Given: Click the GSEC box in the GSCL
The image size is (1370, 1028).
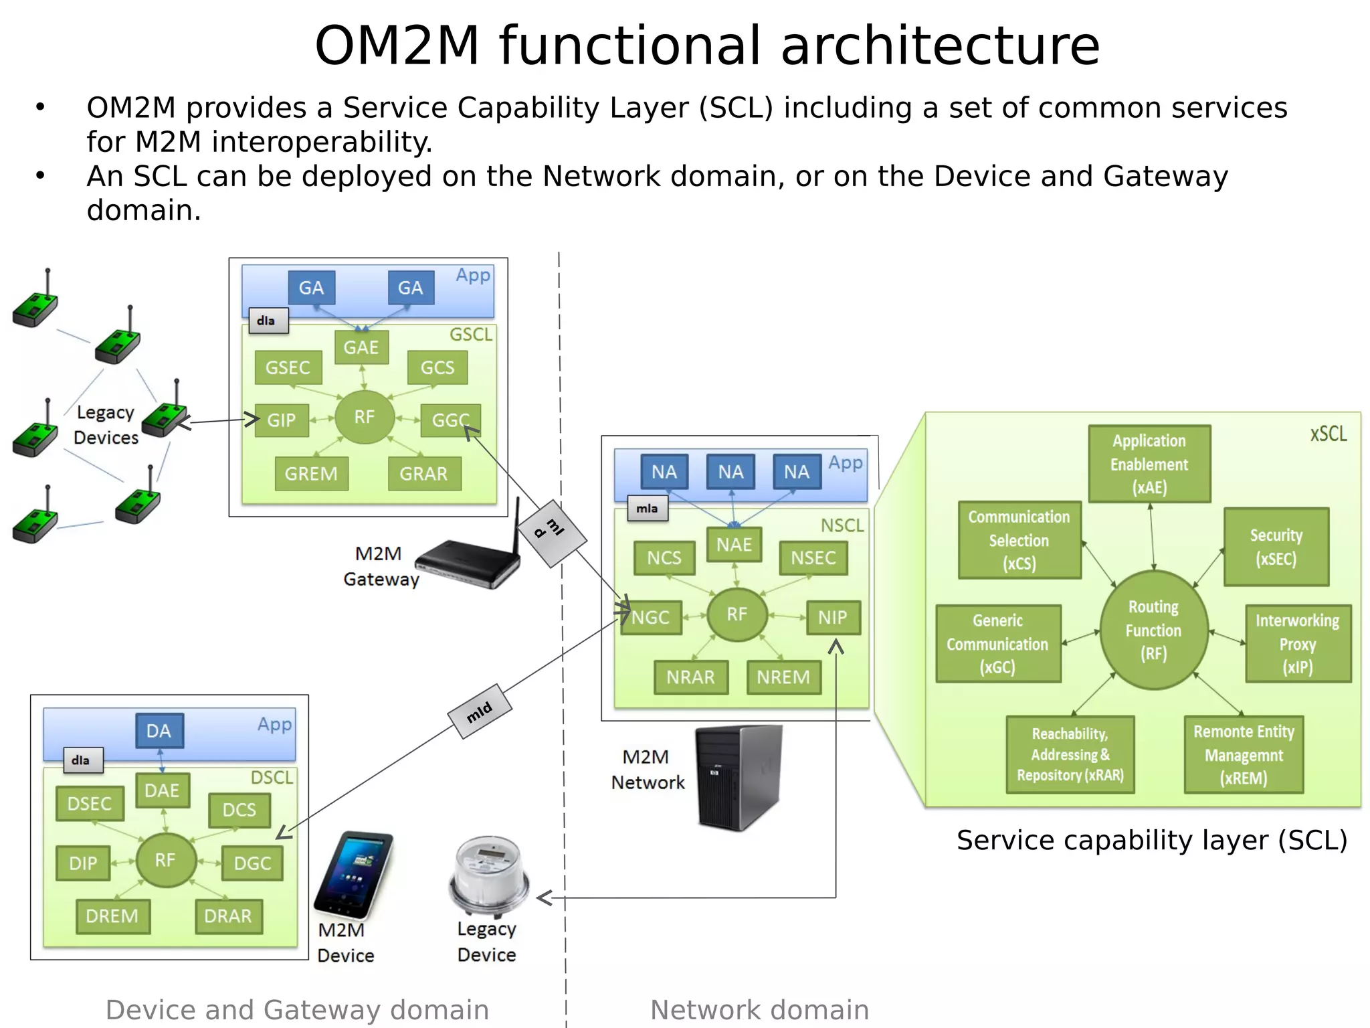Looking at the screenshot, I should click(x=288, y=367).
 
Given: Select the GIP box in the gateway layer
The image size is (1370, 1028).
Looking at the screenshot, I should click(x=282, y=420).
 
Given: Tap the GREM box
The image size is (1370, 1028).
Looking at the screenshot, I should click(x=311, y=474).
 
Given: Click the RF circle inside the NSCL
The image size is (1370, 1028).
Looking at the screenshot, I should click(x=737, y=614).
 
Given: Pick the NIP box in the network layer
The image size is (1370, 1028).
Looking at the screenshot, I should click(x=832, y=617).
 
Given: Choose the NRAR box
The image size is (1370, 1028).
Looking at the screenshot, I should click(x=690, y=677).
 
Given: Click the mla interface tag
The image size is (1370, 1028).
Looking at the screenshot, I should click(x=647, y=509).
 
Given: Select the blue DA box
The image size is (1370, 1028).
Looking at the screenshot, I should click(x=159, y=731).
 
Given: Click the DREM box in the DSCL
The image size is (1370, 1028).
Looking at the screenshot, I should click(x=112, y=916).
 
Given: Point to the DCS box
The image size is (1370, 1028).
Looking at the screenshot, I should click(x=239, y=810).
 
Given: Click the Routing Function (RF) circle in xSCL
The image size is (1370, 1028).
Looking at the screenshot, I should click(x=1153, y=630).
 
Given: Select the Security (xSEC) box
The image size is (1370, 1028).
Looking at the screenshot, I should click(x=1276, y=547).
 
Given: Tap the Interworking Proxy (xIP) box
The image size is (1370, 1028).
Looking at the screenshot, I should click(x=1297, y=643).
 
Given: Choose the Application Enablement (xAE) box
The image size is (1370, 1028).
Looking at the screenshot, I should click(x=1149, y=464).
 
